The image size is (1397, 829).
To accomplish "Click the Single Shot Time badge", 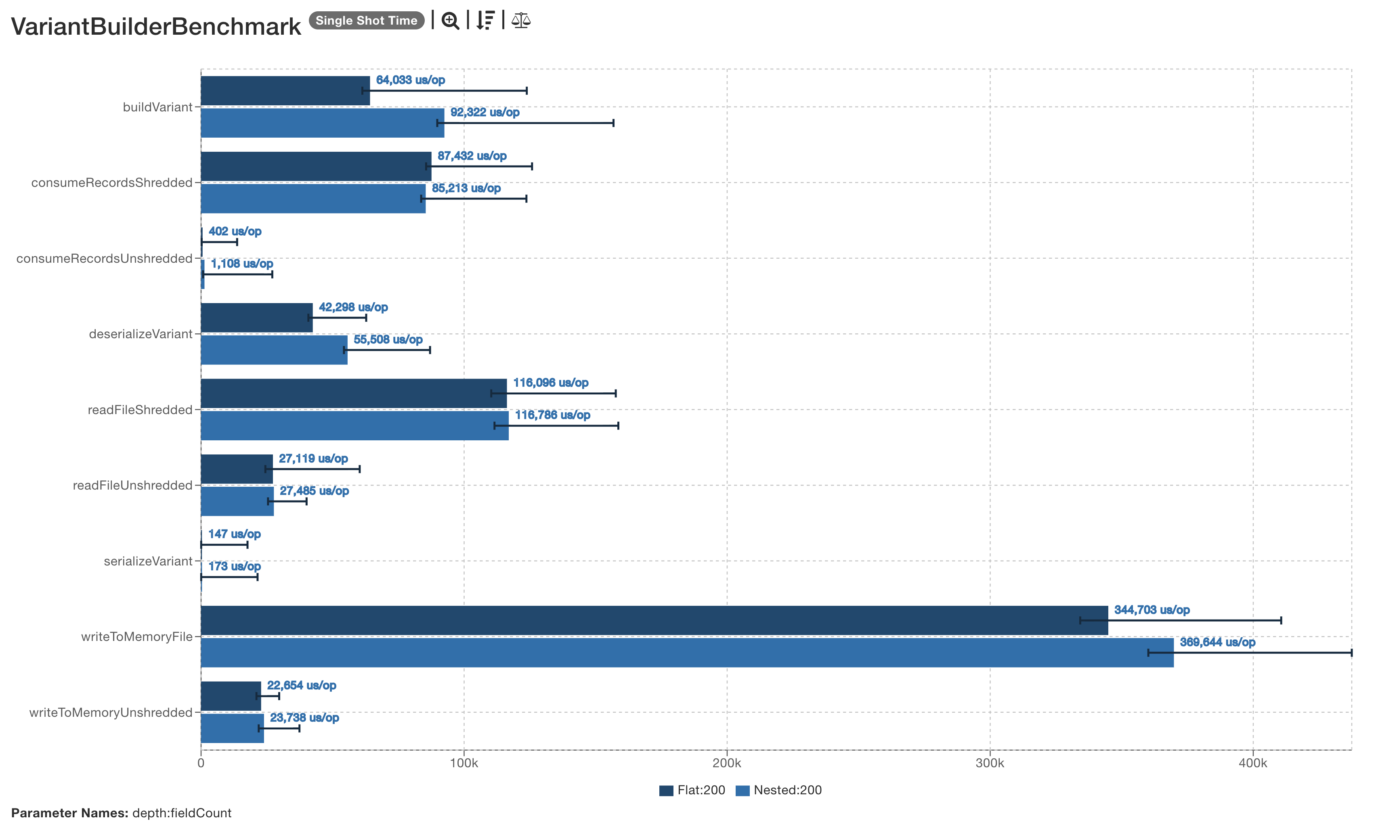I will click(366, 21).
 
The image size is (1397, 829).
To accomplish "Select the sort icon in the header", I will click(485, 21).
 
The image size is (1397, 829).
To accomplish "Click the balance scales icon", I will click(521, 21).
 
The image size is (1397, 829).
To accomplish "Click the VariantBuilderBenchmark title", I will click(156, 26).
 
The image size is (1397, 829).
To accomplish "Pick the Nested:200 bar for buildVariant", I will click(323, 123).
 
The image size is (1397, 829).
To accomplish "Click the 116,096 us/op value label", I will click(550, 383).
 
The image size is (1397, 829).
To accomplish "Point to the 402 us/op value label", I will click(235, 231).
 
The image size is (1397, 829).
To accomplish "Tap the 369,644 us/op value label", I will click(1217, 643).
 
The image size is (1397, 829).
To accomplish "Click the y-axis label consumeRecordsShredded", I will click(112, 183).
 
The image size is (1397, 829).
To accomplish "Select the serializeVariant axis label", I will click(148, 561).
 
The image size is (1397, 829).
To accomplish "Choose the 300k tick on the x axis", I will click(990, 763).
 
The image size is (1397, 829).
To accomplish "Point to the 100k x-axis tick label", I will click(464, 763).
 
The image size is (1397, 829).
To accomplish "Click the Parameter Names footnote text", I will click(121, 813).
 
